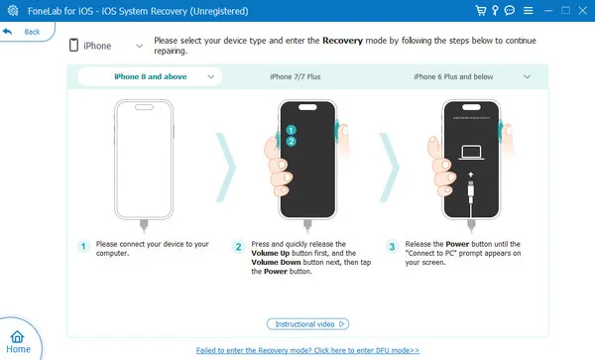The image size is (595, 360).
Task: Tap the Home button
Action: click(x=18, y=341)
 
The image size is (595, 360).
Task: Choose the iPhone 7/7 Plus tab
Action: click(x=296, y=76)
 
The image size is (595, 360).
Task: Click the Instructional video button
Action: click(x=307, y=323)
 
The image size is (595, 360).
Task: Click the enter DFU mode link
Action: click(x=307, y=350)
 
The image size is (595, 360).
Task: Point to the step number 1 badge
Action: click(x=84, y=245)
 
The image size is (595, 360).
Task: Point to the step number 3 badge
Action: click(x=392, y=245)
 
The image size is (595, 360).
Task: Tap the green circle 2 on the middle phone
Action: click(x=292, y=142)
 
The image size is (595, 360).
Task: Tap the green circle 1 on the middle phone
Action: click(x=292, y=129)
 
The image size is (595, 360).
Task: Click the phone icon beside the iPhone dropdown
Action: click(x=74, y=46)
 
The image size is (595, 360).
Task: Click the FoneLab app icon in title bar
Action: click(x=10, y=9)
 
